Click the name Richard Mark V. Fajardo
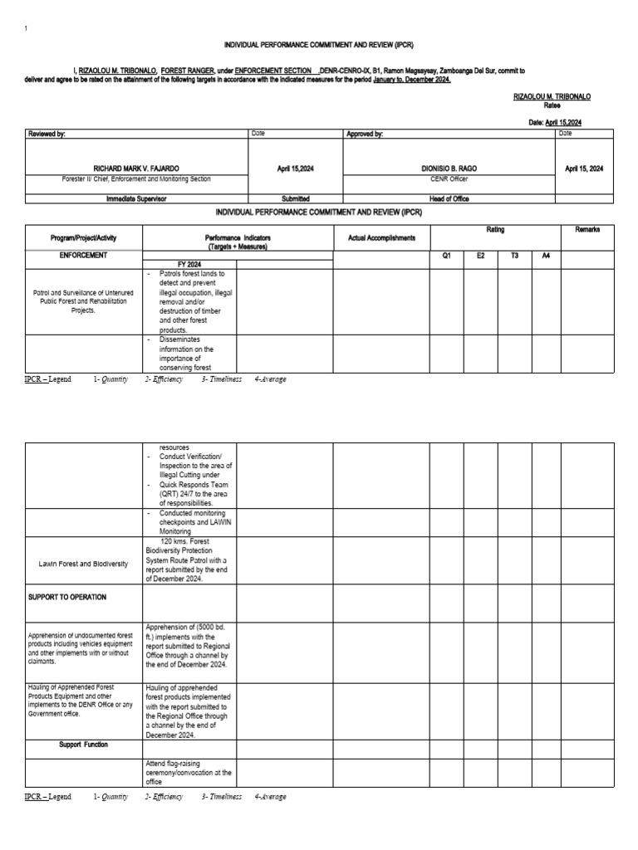pos(137,169)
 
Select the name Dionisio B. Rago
pos(449,169)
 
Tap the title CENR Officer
pos(449,178)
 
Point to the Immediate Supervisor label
pos(137,199)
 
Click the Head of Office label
pos(449,199)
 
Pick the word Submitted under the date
pos(296,199)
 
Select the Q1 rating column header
pos(446,256)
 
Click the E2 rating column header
pos(480,256)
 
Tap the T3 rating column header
pos(514,256)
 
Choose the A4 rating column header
pos(546,256)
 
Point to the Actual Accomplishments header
pos(381,238)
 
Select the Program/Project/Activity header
pos(84,238)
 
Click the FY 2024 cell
pos(189,264)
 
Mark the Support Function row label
pos(83,745)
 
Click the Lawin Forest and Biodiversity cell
pos(84,564)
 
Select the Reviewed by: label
pos(47,134)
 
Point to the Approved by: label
pos(366,134)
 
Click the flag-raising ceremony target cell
pos(189,772)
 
